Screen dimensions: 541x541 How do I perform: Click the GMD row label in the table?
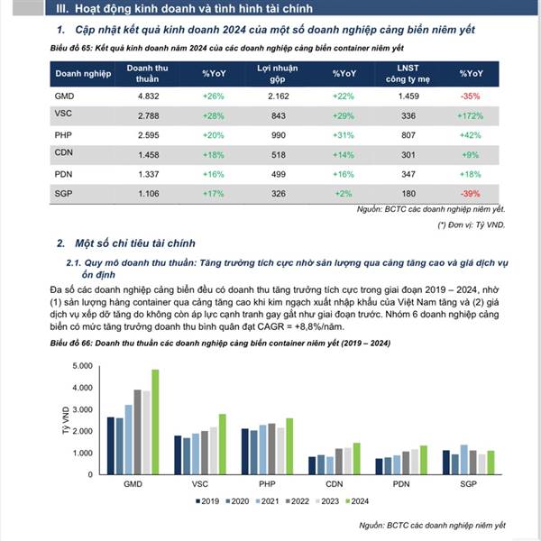(x=64, y=95)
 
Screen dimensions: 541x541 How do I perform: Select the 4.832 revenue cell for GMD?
(x=148, y=95)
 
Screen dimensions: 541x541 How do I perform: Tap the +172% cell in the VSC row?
(x=472, y=115)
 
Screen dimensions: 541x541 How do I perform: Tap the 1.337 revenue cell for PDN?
(x=148, y=173)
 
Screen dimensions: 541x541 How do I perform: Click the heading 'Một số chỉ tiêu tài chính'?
(x=131, y=243)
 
